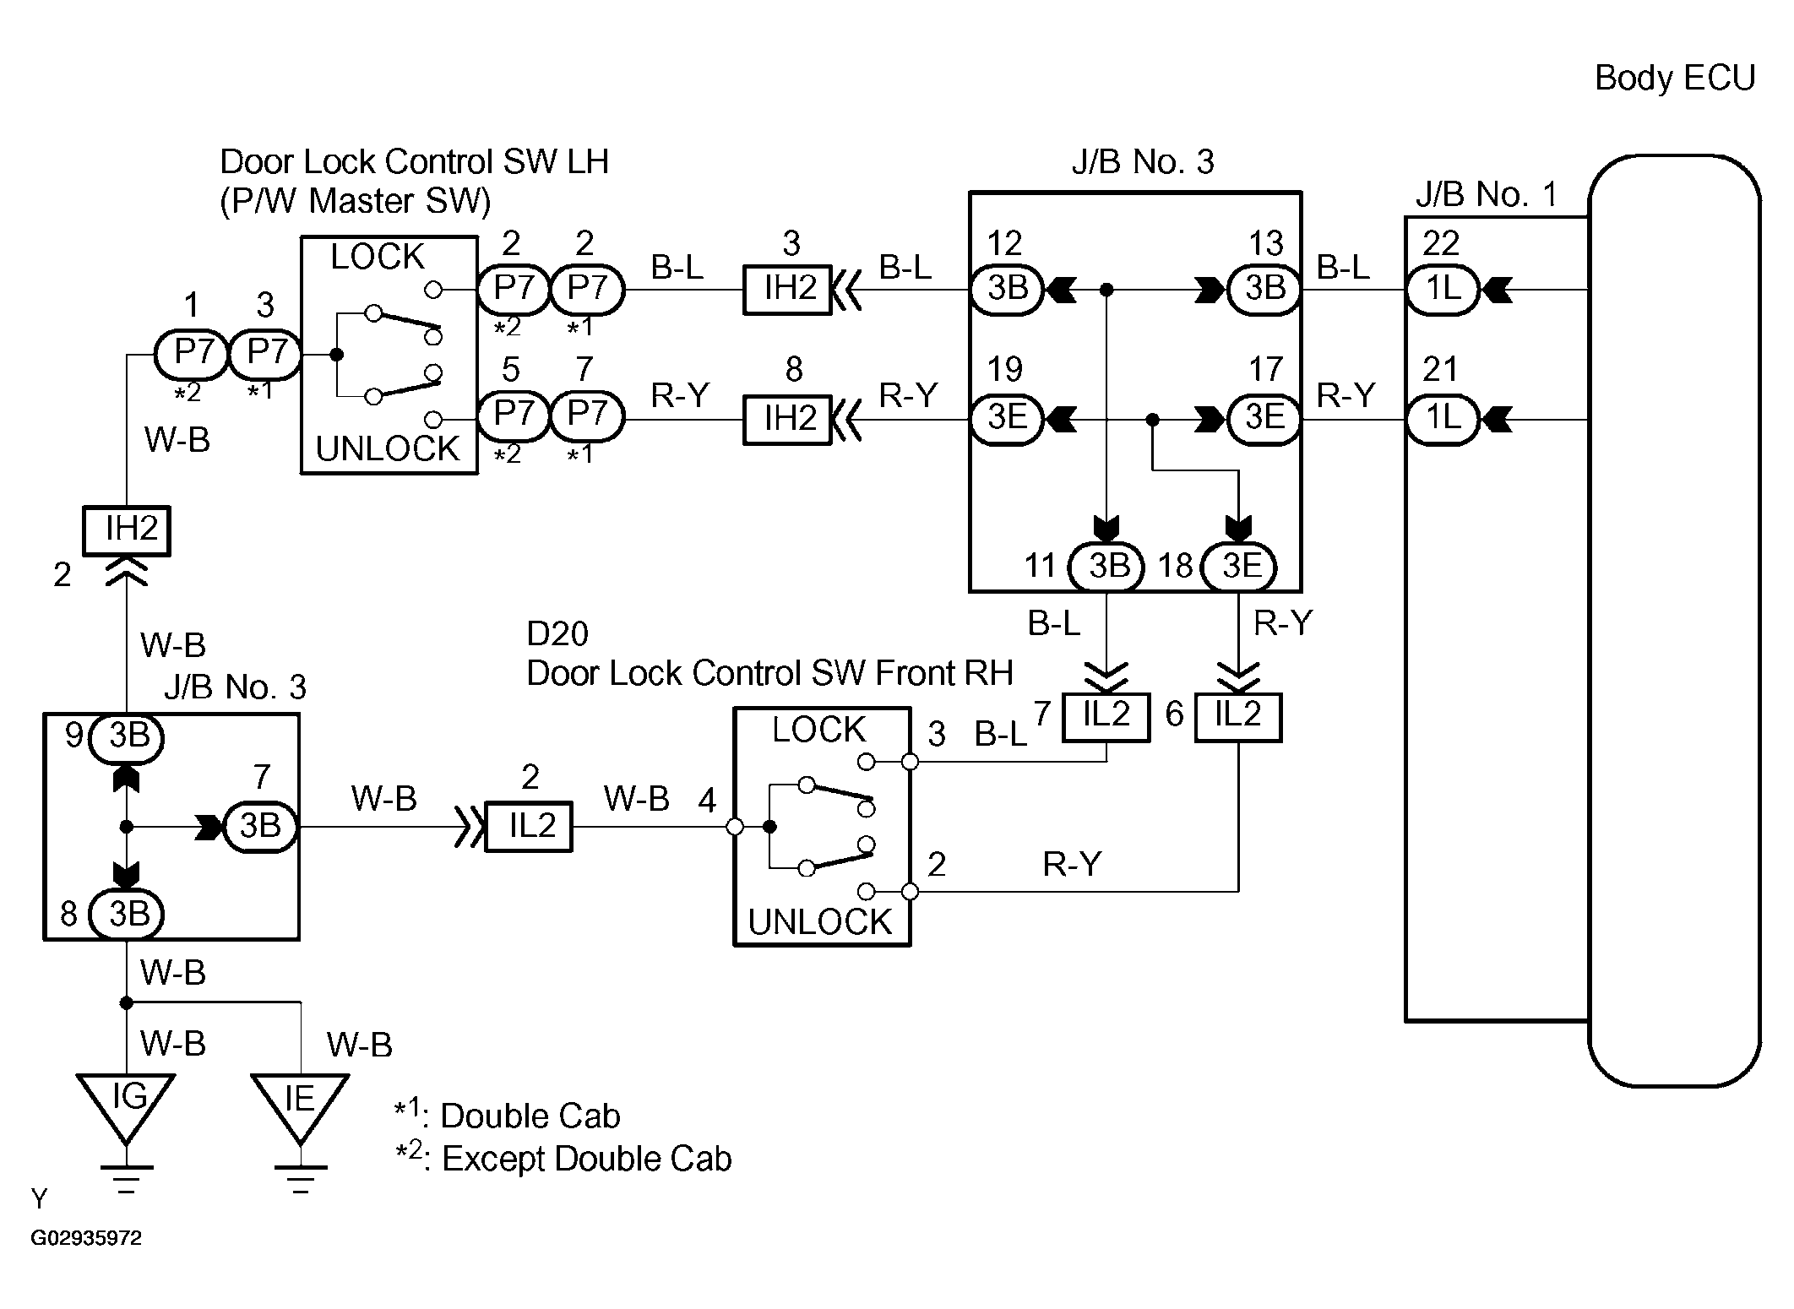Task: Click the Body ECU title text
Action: tap(1674, 79)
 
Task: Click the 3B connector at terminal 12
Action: tap(1007, 290)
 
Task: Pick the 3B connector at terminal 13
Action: tap(1264, 290)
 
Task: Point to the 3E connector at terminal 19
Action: tap(1007, 418)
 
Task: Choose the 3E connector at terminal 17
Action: tap(1264, 418)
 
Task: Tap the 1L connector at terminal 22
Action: tap(1443, 290)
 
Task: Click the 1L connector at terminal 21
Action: tap(1443, 418)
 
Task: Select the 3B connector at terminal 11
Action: tap(1106, 566)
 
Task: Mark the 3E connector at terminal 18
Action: tap(1238, 566)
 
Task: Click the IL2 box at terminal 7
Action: tap(1106, 717)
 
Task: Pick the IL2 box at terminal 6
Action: tap(1238, 717)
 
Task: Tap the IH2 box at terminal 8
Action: tap(787, 419)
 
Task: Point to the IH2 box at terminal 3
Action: tap(787, 290)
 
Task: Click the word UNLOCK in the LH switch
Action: tap(388, 448)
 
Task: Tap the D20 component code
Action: tap(557, 633)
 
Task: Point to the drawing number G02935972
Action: tap(87, 1238)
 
